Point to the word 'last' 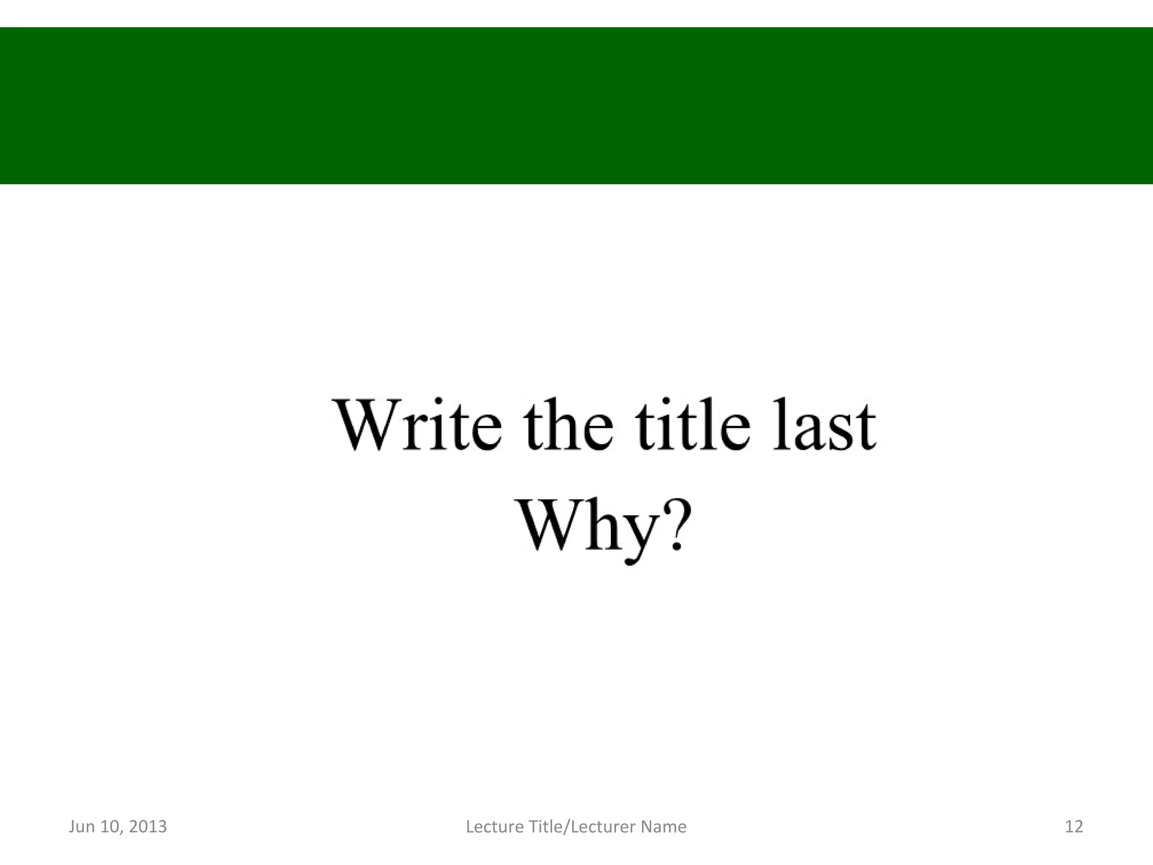click(x=824, y=426)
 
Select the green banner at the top click(x=576, y=105)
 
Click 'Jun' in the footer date click(x=82, y=827)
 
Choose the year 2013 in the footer click(x=148, y=827)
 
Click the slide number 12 click(x=1074, y=827)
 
